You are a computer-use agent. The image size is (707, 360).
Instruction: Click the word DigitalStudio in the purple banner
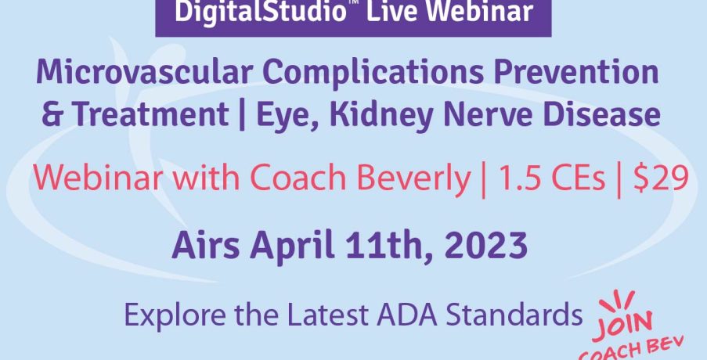point(260,12)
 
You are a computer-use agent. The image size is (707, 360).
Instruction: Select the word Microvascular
point(144,72)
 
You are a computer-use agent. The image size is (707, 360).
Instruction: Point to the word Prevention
point(576,72)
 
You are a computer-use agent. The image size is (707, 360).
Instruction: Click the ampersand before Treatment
point(52,113)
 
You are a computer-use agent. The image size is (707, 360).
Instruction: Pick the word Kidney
point(381,115)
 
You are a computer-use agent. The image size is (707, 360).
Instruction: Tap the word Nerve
point(489,113)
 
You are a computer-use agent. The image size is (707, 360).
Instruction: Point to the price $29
point(661,177)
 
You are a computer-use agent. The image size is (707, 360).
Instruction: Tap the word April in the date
point(292,246)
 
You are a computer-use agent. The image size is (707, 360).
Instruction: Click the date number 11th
point(388,247)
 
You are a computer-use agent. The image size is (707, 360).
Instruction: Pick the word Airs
point(206,246)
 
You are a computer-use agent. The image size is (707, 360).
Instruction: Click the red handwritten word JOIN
point(622,326)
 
